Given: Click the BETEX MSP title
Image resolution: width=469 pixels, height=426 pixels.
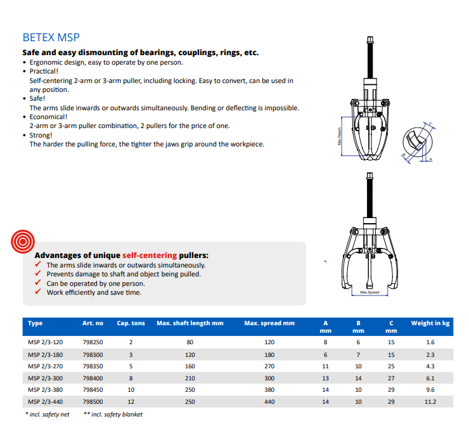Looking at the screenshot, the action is [x=51, y=37].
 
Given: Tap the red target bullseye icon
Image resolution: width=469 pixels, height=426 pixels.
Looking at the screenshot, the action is [x=23, y=242].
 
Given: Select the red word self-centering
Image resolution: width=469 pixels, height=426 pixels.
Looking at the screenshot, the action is [x=150, y=255].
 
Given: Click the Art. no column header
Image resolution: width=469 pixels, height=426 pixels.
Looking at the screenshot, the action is [x=93, y=323].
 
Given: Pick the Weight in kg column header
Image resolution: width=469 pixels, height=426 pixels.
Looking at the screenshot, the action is [x=430, y=323].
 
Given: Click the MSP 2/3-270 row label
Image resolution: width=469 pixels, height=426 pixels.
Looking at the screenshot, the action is [x=46, y=366].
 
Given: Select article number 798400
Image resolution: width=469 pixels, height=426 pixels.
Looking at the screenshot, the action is [x=93, y=378].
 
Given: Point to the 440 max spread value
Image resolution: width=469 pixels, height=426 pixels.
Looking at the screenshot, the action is [x=269, y=402].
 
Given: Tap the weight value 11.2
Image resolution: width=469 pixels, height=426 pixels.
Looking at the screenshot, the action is [x=430, y=402].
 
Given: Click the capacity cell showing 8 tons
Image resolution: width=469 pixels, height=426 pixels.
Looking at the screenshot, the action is [x=131, y=378].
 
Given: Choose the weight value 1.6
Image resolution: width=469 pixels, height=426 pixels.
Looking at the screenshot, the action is [x=430, y=342].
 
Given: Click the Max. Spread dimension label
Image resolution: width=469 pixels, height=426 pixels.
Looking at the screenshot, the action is [x=369, y=292].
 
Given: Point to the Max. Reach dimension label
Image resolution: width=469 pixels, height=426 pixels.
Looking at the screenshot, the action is [x=339, y=136].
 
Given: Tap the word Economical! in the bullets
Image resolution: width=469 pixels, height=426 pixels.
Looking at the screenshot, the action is [x=48, y=117].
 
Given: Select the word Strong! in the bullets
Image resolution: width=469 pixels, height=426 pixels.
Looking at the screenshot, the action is [x=41, y=135].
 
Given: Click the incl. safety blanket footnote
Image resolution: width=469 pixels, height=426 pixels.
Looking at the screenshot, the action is [x=113, y=415].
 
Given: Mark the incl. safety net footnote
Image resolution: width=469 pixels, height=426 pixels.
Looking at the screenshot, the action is [x=48, y=415].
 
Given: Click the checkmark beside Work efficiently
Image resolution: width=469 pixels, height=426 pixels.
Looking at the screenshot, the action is [x=37, y=292].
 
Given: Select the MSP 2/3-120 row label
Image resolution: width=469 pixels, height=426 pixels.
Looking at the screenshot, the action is [x=46, y=342].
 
